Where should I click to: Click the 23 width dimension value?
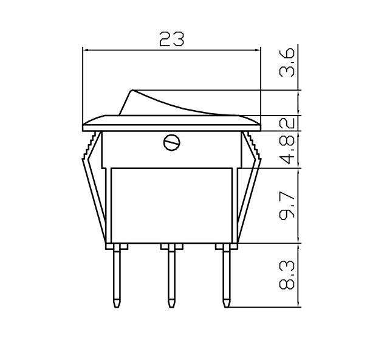171,40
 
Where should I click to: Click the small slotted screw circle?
172,143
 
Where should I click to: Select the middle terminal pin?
172,274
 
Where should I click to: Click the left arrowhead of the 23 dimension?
84,50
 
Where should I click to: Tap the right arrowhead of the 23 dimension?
258,50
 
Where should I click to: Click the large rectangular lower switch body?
171,204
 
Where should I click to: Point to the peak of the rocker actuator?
132,91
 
